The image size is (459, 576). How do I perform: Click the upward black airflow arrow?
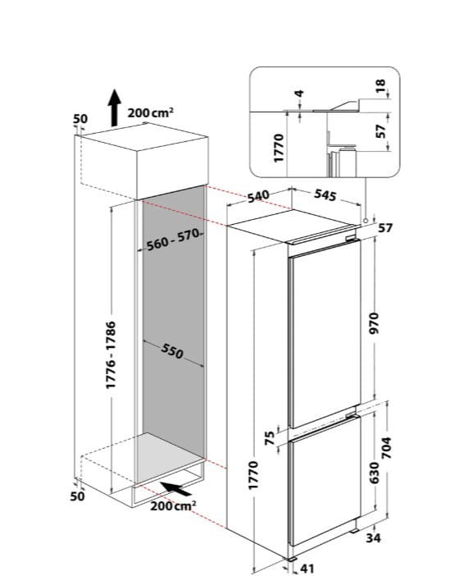tap(115, 107)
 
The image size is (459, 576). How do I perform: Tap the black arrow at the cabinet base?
tap(175, 489)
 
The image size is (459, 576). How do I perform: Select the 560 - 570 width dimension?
tap(173, 240)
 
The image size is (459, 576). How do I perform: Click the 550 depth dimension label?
tap(172, 351)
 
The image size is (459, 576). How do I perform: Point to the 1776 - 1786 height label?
tap(111, 354)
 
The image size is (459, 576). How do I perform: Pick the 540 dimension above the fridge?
tap(258, 196)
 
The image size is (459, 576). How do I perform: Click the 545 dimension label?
tap(325, 195)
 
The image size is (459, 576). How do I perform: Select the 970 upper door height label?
tap(374, 323)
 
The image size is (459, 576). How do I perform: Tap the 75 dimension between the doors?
tap(270, 438)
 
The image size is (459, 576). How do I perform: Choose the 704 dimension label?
tap(387, 448)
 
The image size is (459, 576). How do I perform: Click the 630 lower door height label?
tap(374, 473)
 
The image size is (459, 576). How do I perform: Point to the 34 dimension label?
tap(373, 538)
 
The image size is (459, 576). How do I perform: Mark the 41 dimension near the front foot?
tap(307, 569)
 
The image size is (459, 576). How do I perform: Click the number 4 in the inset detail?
tap(300, 94)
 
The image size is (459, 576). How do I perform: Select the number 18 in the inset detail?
tap(381, 85)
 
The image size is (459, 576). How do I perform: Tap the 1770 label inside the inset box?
tap(279, 148)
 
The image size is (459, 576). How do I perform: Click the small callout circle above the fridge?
tap(366, 221)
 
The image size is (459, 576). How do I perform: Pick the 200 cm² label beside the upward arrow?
tap(151, 112)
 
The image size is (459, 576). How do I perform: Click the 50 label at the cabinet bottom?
tap(77, 496)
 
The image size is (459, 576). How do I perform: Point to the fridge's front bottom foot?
tap(293, 559)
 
